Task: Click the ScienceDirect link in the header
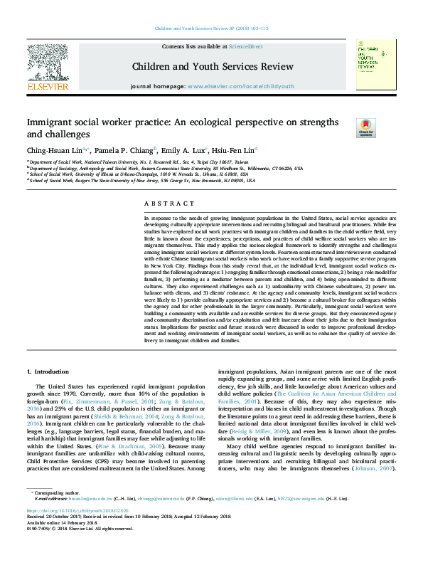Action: tap(244, 46)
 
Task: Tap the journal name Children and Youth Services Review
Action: tap(213, 67)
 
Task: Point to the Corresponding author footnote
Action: tap(56, 512)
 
